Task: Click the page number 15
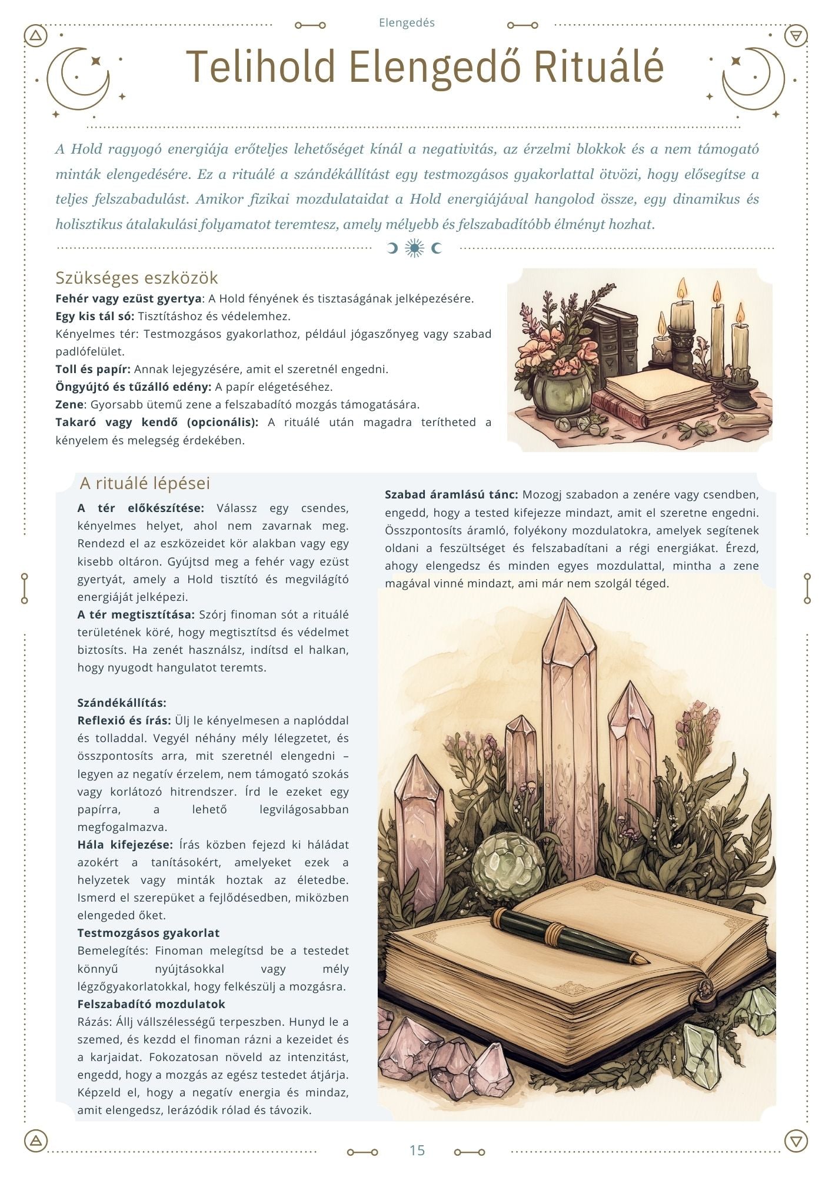[417, 1150]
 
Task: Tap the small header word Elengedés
[407, 23]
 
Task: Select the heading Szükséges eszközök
[137, 277]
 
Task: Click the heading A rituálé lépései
[145, 483]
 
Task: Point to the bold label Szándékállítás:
[122, 703]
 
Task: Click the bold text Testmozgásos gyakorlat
[148, 933]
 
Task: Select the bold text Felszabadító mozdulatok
[151, 1004]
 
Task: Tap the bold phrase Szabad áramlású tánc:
[451, 494]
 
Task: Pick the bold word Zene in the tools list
[69, 405]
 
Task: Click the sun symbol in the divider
[415, 248]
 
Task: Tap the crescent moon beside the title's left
[79, 79]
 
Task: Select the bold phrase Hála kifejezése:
[125, 844]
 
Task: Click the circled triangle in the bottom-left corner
[36, 1141]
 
